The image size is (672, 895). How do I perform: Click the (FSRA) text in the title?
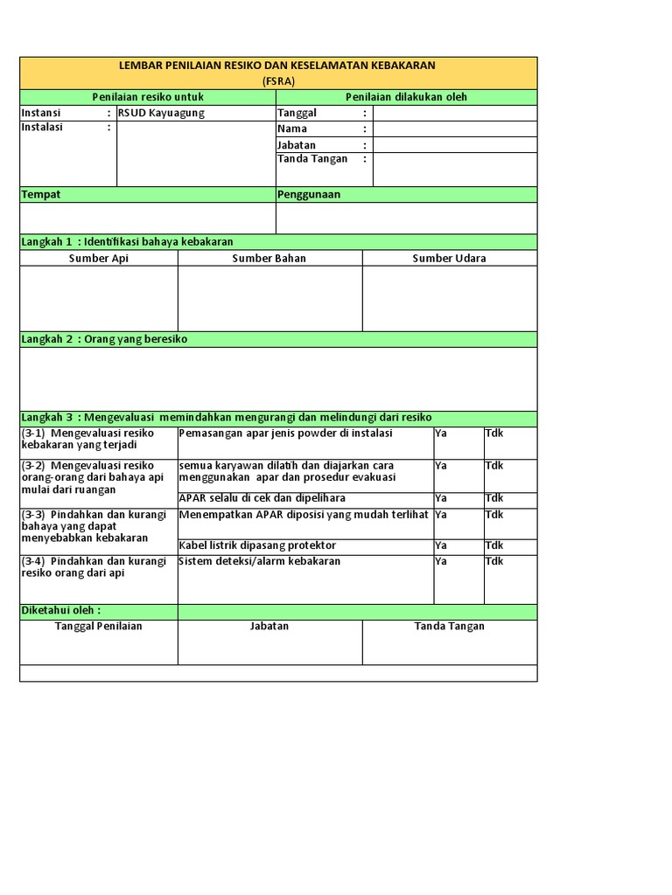(x=278, y=80)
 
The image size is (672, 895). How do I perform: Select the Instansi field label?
(x=41, y=113)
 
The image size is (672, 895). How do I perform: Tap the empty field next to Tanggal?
(x=455, y=113)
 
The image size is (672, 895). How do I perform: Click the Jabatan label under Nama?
(x=297, y=145)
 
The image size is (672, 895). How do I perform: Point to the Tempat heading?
(x=41, y=194)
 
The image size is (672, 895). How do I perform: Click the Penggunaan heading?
(x=309, y=194)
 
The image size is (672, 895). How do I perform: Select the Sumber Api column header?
(x=99, y=258)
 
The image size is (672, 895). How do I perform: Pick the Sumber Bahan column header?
(x=269, y=258)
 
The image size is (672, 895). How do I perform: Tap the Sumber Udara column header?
(x=450, y=258)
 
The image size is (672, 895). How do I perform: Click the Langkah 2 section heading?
(x=104, y=339)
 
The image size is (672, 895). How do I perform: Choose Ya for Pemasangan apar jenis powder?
(x=441, y=434)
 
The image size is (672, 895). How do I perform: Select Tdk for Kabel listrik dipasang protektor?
(x=494, y=545)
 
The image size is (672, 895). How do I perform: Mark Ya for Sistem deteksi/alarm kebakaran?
(x=441, y=561)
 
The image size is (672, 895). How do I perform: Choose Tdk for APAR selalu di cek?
(x=494, y=498)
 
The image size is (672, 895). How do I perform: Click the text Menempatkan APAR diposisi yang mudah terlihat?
(x=304, y=515)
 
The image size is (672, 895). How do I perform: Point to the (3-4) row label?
(x=94, y=566)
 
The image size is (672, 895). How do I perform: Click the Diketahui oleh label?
(x=60, y=610)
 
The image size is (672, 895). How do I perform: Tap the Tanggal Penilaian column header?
(x=99, y=626)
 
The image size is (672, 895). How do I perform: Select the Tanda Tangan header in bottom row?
(x=450, y=626)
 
